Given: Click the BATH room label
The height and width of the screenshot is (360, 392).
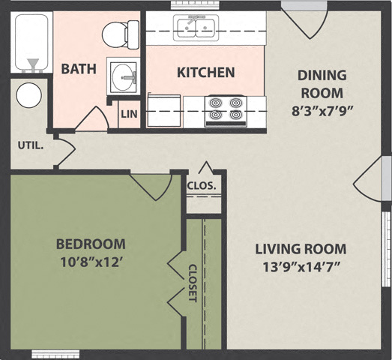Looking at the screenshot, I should tap(79, 69).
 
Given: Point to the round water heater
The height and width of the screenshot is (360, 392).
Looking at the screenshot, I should tap(29, 96).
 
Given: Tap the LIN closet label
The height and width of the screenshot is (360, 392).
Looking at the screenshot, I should tap(129, 115).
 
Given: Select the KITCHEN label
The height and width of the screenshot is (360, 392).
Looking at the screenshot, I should tap(205, 73).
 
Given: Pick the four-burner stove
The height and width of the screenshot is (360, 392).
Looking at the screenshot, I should tap(226, 110).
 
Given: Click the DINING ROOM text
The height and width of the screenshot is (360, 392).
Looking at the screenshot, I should tap(322, 84).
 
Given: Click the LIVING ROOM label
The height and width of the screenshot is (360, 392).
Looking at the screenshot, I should tap(301, 248).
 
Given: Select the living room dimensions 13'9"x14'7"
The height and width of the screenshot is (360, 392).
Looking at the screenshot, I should tap(301, 268).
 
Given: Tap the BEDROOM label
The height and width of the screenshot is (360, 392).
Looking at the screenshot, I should tap(91, 244).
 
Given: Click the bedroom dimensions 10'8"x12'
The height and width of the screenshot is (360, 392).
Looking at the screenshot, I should tap(91, 263).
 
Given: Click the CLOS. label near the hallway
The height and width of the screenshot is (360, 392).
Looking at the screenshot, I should tap(202, 185).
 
